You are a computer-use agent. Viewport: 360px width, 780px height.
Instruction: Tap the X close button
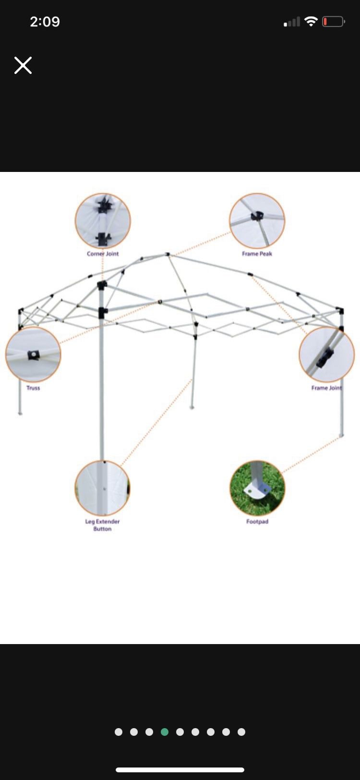point(23,65)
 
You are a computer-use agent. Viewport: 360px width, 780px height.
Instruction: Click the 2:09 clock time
point(45,22)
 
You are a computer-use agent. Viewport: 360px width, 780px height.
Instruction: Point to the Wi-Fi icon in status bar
point(311,22)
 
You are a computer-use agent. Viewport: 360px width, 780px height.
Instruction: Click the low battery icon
point(333,22)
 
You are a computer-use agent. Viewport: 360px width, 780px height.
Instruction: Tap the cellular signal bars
point(292,22)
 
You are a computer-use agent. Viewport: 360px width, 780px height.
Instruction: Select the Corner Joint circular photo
point(103,221)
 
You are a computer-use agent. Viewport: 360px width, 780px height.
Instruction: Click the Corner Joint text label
point(103,254)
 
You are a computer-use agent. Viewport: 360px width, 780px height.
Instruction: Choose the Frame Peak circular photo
point(257,221)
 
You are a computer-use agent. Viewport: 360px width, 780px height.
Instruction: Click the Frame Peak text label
point(257,254)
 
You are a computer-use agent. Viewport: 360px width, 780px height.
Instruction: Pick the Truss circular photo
point(33,354)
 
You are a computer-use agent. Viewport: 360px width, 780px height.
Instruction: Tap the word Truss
point(33,388)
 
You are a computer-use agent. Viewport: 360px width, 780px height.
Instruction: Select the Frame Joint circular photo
point(326,354)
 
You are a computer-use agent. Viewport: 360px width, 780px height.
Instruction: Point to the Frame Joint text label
point(326,388)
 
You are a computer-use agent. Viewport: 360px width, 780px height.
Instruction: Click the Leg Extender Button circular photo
point(102,488)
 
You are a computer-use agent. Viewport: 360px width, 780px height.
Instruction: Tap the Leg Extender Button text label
point(102,525)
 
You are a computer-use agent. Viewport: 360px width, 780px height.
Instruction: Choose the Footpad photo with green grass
point(257,488)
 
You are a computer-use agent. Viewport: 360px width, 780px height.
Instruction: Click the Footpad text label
point(257,522)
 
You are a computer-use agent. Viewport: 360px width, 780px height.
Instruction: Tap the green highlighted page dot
point(165,732)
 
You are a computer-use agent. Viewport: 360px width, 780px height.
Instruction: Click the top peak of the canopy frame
point(168,254)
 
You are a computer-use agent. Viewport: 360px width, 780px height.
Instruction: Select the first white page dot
point(119,732)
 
